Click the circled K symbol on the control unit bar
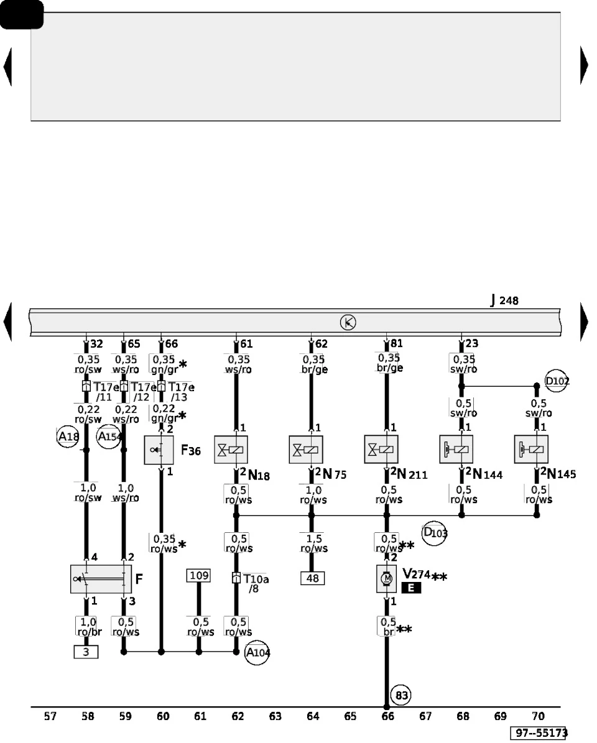[x=348, y=323]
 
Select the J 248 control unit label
[x=504, y=300]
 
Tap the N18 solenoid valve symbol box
[x=231, y=450]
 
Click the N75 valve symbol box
[x=306, y=450]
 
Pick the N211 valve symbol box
[x=381, y=449]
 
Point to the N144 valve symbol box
[x=456, y=449]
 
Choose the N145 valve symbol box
[x=531, y=449]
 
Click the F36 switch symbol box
[x=159, y=450]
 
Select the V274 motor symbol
[x=387, y=579]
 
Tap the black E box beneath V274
[x=411, y=588]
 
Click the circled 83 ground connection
[x=401, y=695]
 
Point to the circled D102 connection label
[x=556, y=381]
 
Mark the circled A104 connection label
[x=257, y=652]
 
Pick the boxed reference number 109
[x=199, y=576]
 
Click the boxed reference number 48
[x=313, y=579]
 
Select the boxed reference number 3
[x=86, y=652]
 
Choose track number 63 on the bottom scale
[x=275, y=716]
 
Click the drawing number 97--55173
[x=540, y=733]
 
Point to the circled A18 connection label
[x=68, y=436]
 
